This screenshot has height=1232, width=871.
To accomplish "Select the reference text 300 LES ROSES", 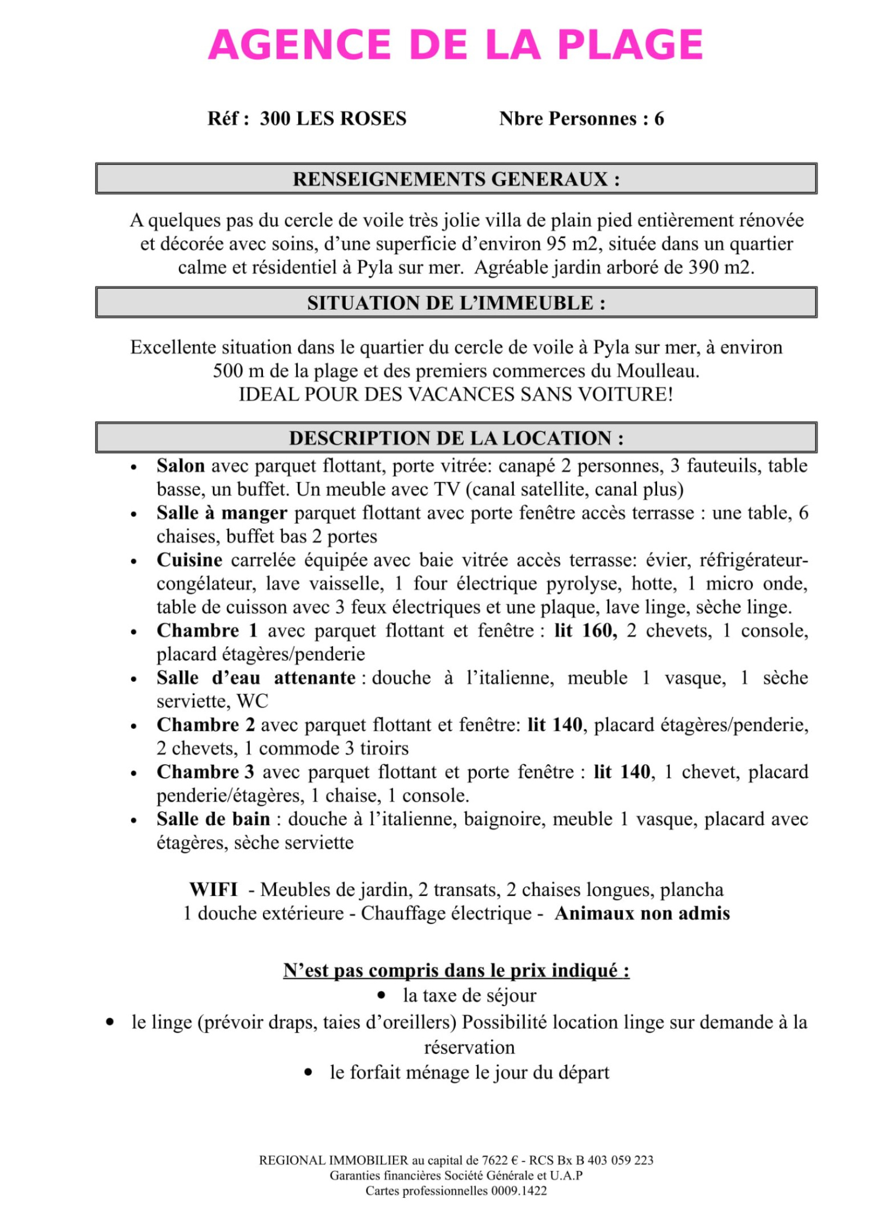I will click(x=333, y=119).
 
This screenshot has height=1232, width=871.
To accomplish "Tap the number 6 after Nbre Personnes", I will click(x=659, y=119).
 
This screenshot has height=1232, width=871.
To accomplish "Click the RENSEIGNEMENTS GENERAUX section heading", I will click(x=456, y=179).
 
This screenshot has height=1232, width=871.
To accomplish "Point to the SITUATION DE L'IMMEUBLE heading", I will click(x=456, y=303).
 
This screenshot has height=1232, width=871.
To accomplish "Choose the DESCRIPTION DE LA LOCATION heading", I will click(x=456, y=438).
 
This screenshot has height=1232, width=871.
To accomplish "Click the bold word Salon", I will click(x=180, y=466).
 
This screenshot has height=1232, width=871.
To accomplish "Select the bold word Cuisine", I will click(x=189, y=560).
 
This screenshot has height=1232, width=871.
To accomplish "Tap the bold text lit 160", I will click(x=585, y=630).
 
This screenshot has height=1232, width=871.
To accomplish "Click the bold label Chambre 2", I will click(x=205, y=725).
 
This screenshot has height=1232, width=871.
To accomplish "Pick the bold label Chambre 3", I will click(x=205, y=772).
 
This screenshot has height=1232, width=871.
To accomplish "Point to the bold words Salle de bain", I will click(x=213, y=819).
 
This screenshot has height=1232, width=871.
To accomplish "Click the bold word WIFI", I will click(x=213, y=890).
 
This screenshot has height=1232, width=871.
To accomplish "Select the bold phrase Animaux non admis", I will click(x=642, y=913).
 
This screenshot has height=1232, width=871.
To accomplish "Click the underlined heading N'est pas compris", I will click(x=456, y=970).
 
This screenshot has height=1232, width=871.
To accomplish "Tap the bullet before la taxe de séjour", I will click(x=381, y=996).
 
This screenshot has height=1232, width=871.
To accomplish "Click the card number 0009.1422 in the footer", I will click(x=519, y=1191).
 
